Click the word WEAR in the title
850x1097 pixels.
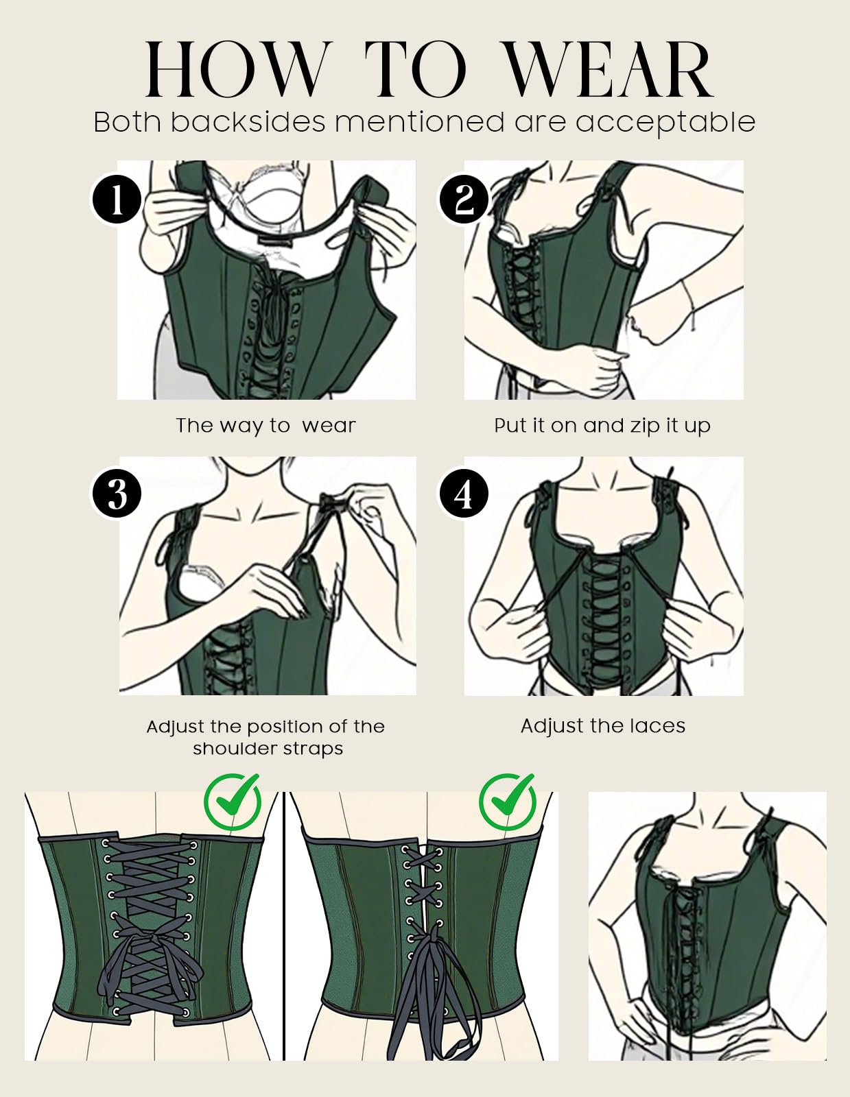609,70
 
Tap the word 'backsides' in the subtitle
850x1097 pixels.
248,121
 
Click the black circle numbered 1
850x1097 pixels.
117,200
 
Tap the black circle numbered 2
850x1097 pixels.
464,200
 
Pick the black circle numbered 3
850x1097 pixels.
117,494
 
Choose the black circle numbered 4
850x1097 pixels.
464,494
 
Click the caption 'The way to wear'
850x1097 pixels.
265,426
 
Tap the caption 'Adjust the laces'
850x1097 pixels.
603,726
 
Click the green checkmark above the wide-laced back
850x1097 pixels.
233,801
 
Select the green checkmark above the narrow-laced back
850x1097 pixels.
508,801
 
